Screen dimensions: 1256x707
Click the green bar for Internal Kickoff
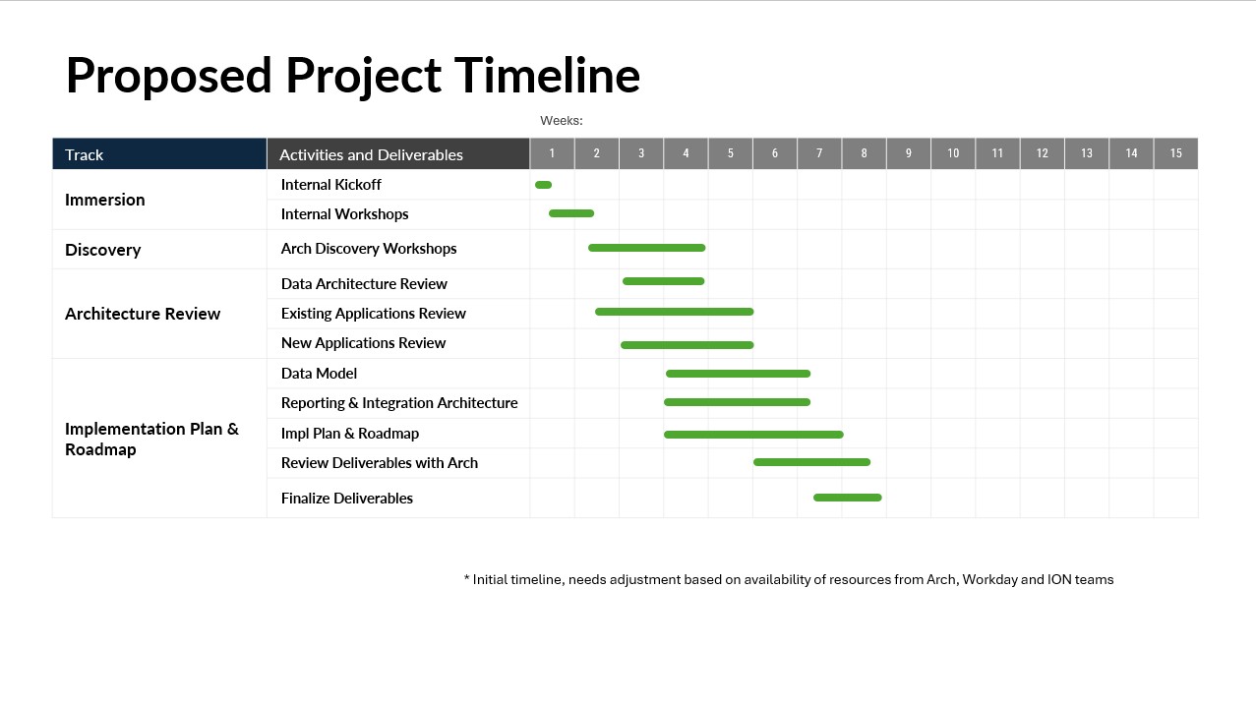(x=543, y=185)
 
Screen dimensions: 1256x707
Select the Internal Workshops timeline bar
(x=571, y=213)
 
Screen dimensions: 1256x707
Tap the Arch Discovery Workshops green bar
(x=646, y=248)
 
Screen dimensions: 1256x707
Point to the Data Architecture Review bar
(x=663, y=281)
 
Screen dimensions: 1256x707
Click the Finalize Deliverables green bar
(x=847, y=498)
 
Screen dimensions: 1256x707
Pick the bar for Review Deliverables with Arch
(x=811, y=462)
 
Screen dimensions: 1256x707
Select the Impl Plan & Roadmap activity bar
(x=753, y=435)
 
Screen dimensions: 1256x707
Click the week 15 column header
(x=1175, y=153)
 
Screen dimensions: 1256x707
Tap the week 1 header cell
(x=553, y=153)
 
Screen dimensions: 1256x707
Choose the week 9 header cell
(x=909, y=153)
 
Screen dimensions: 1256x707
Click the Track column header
(x=159, y=153)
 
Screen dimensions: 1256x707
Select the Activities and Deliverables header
(x=398, y=153)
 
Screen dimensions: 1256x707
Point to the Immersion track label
(x=105, y=200)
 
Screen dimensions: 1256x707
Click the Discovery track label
(x=102, y=250)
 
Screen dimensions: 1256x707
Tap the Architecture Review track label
(x=143, y=314)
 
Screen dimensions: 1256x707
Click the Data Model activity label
(x=319, y=374)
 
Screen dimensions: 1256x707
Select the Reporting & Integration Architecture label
(x=399, y=403)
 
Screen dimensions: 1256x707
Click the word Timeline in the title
(x=547, y=75)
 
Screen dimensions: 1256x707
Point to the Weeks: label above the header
(x=562, y=121)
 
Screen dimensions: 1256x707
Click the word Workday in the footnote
(x=989, y=580)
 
